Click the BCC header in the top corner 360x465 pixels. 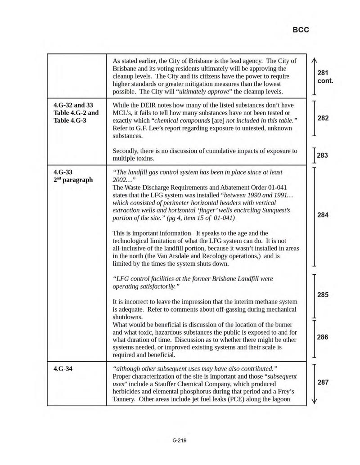[x=301, y=30]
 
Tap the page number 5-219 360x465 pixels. [x=180, y=440]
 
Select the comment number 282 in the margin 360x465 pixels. [x=323, y=118]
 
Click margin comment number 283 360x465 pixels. [x=322, y=156]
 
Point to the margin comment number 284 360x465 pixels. [x=323, y=215]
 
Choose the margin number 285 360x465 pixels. [x=323, y=295]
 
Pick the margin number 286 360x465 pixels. [x=323, y=337]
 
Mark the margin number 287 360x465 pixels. [x=323, y=382]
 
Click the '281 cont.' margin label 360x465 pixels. [x=325, y=77]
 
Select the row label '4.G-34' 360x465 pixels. [x=63, y=369]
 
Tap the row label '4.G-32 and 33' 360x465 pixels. [x=73, y=105]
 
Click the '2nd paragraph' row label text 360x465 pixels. [x=73, y=180]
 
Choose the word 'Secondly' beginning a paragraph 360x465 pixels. [x=126, y=151]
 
